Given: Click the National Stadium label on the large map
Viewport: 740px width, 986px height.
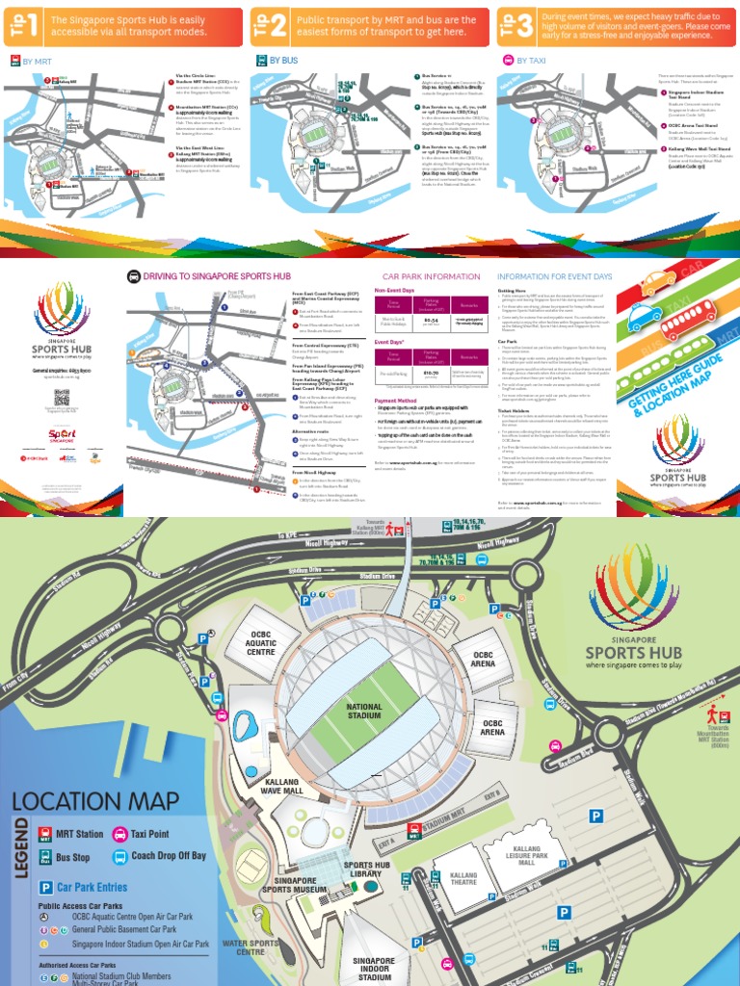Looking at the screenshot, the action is [364, 712].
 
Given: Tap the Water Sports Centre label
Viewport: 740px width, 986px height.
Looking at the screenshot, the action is [244, 947].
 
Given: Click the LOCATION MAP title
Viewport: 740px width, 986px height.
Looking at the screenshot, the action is [95, 801].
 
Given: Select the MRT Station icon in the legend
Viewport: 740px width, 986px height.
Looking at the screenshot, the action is [45, 834].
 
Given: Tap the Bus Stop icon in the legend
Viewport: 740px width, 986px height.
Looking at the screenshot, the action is [45, 857].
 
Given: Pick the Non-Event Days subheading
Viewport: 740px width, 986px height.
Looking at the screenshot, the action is [401, 289].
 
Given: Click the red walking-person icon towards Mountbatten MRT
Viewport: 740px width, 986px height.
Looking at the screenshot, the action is [713, 714].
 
